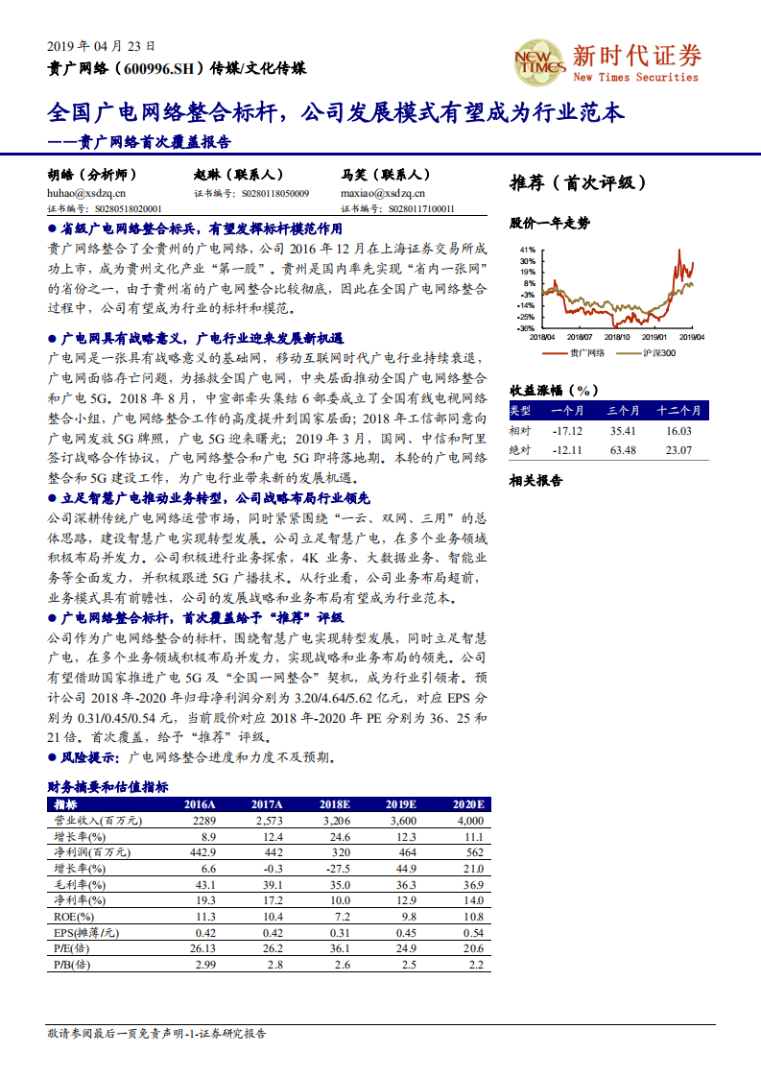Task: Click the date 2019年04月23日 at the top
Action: (101, 45)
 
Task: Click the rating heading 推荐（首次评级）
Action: (578, 182)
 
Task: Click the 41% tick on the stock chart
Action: (527, 249)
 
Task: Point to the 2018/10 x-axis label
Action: (615, 337)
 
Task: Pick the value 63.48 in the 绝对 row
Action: (623, 450)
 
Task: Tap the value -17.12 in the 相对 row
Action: (568, 431)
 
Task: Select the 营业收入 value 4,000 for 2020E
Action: (470, 821)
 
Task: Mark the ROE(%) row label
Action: (69, 917)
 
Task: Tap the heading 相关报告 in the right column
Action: (535, 481)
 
